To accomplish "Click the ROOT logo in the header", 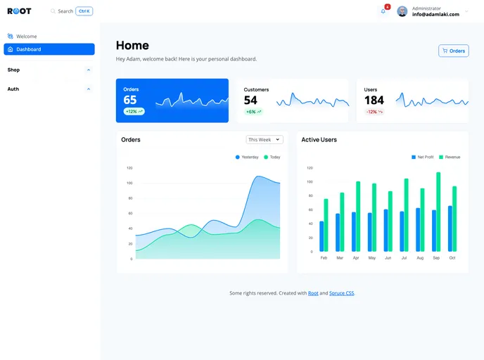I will point(19,11).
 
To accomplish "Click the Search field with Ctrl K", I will point(71,11).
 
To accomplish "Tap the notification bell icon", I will point(383,11).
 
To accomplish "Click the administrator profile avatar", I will point(402,11).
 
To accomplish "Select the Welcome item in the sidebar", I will point(26,36).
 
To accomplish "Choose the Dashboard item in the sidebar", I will point(49,49).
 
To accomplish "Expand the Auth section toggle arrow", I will point(89,89).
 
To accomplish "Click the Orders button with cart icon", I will point(453,51).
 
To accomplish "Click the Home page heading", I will point(132,46).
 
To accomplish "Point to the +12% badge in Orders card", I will point(134,111).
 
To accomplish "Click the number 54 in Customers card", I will point(250,101).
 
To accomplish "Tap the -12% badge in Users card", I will point(374,112).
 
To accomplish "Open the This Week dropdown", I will point(265,139).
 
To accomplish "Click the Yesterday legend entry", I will point(247,157).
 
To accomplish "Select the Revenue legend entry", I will point(449,157).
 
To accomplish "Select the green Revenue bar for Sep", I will point(438,212).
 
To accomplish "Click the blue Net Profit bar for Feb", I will point(321,236).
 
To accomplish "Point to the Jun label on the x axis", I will point(388,258).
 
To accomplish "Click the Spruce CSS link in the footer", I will point(342,293).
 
